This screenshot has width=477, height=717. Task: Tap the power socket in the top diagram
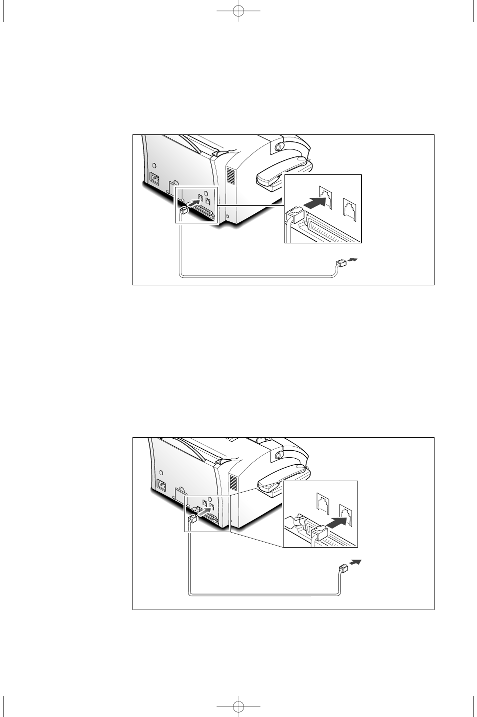155,177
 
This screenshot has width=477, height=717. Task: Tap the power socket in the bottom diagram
162,484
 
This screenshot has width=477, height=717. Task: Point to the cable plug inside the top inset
295,215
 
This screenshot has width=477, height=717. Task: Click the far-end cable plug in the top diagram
341,263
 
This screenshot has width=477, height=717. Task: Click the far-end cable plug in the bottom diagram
344,568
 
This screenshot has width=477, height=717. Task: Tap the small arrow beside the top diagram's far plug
353,260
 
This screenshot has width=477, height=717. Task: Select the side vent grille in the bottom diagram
233,482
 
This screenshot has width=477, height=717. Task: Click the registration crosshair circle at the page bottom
238,706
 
